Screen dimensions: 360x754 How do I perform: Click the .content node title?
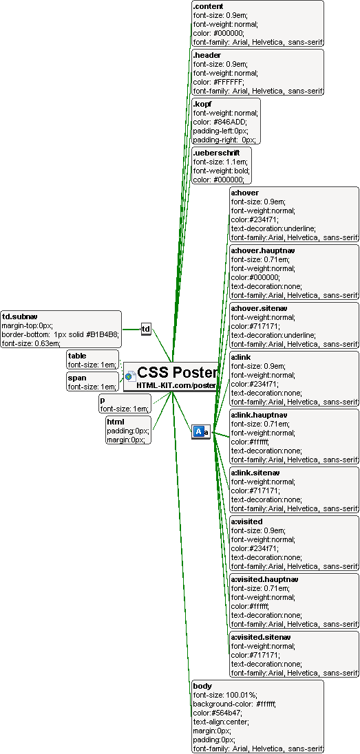[x=208, y=6]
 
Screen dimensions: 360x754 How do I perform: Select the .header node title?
[x=207, y=55]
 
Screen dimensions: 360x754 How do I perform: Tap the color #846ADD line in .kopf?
[x=220, y=122]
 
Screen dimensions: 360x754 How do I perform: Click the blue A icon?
[x=198, y=432]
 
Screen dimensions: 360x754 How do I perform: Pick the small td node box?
[x=146, y=330]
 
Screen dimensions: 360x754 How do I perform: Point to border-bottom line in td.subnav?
[x=60, y=334]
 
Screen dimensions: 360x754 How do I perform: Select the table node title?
[x=77, y=356]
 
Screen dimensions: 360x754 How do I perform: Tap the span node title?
[x=76, y=378]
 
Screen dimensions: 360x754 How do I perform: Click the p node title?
[x=103, y=400]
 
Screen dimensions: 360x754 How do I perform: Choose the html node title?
[x=116, y=422]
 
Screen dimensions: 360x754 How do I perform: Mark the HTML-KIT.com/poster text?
[x=176, y=385]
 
